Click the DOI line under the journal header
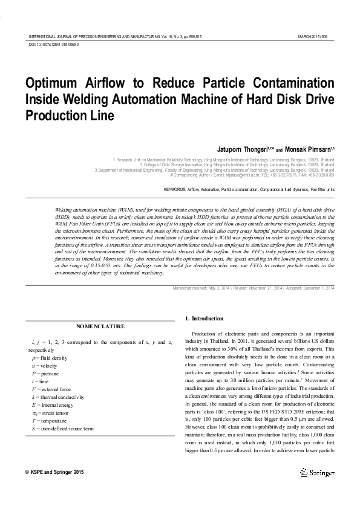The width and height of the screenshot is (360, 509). click(54, 45)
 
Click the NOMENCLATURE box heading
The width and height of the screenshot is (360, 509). click(100, 326)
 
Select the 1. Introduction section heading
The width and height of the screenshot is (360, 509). click(204, 319)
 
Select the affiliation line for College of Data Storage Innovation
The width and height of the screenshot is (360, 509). click(237, 164)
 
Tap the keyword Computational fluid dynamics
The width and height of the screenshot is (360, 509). click(286, 189)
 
